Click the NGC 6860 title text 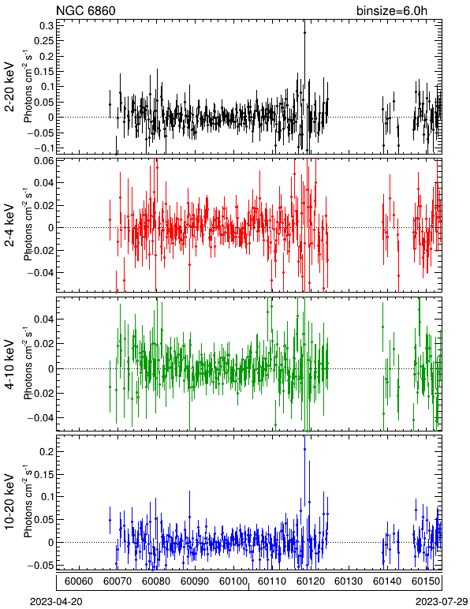[x=86, y=10]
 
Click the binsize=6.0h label [x=392, y=10]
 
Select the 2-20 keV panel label [x=9, y=88]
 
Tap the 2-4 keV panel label [x=9, y=226]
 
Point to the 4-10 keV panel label [x=9, y=365]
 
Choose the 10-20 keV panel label [x=9, y=502]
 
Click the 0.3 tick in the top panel [x=46, y=25]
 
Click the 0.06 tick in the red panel [x=43, y=160]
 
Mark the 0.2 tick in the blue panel [x=46, y=452]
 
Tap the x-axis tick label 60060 [x=79, y=581]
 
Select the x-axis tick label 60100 [x=233, y=581]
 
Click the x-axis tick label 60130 [x=349, y=581]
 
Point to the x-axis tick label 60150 [x=426, y=581]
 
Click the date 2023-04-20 [x=56, y=602]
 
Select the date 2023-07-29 [x=442, y=602]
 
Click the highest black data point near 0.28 [x=304, y=33]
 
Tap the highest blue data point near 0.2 [x=304, y=450]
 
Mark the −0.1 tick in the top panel [x=44, y=148]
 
